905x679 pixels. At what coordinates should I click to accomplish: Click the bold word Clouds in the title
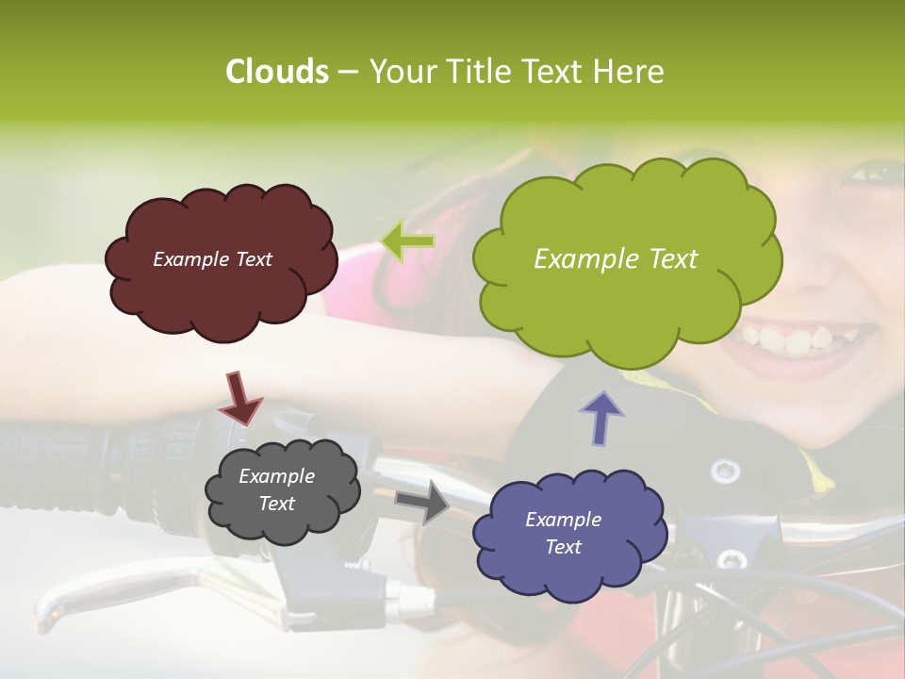(x=276, y=72)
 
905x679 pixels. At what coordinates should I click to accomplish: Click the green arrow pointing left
(x=407, y=242)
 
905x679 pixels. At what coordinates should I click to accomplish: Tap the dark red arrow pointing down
(x=240, y=398)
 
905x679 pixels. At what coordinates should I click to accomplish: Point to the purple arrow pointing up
(x=601, y=417)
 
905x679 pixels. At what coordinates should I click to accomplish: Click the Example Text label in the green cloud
(x=616, y=259)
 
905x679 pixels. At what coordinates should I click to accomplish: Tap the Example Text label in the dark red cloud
(x=212, y=259)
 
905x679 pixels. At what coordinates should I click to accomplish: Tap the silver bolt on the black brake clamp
(x=724, y=469)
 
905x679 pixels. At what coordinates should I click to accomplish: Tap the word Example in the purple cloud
(x=563, y=520)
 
